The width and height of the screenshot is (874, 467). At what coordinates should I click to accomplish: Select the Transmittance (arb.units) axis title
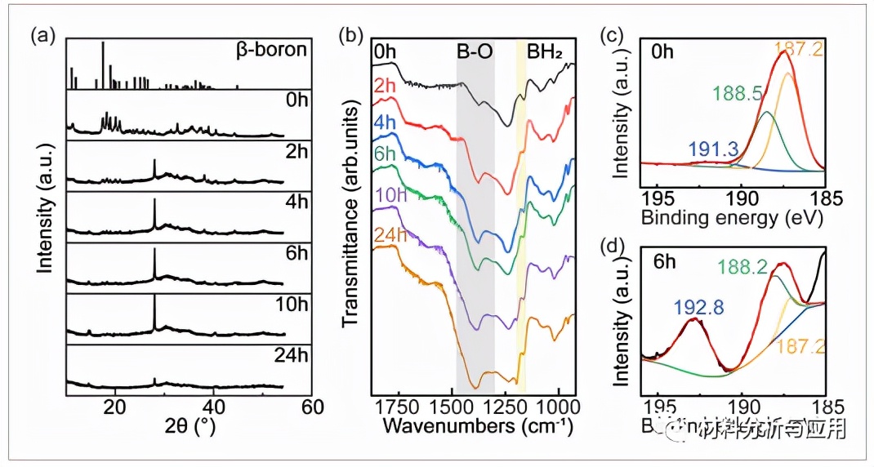pyautogui.click(x=351, y=216)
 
